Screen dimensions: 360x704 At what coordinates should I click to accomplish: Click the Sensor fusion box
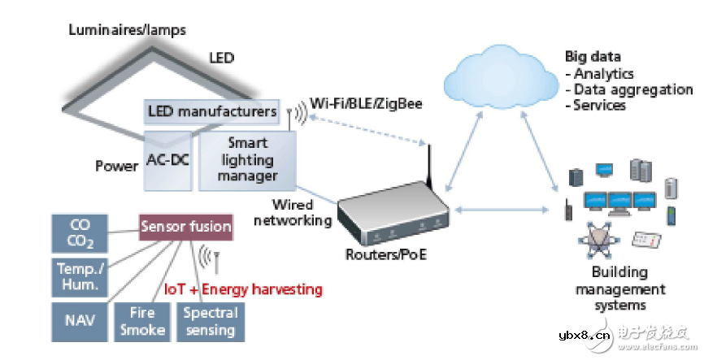[186, 227]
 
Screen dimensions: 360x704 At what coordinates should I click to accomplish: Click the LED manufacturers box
[211, 111]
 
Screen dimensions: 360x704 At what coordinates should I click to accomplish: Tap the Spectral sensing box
[210, 321]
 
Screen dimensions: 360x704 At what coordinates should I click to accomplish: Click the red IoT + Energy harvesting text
[243, 289]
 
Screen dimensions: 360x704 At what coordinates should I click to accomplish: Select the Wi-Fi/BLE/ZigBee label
[366, 104]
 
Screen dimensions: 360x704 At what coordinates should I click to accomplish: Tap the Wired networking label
[302, 212]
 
